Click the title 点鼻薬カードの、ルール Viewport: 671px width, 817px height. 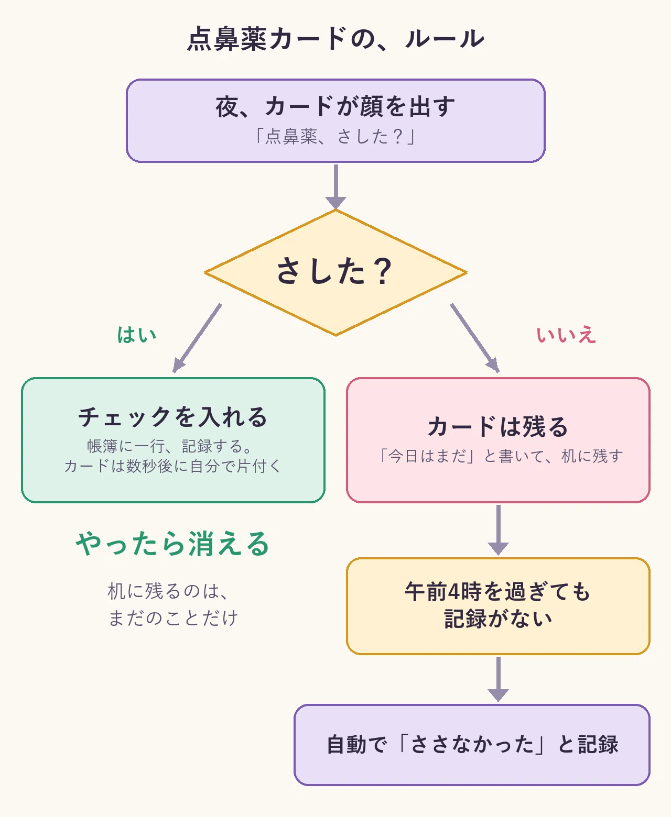tap(335, 39)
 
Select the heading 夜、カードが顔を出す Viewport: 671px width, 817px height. tap(335, 106)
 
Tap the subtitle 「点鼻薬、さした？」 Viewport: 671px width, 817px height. tap(335, 137)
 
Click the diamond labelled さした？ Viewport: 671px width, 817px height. tap(335, 273)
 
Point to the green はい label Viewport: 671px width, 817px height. tap(137, 335)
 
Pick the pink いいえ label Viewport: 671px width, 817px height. tap(566, 335)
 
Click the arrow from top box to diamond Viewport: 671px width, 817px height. tap(335, 187)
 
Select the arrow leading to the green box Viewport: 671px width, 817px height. tap(197, 338)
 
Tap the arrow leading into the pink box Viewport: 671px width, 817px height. tap(475, 338)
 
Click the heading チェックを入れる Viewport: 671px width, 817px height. tap(173, 417)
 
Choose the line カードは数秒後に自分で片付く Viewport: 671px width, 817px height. tap(173, 466)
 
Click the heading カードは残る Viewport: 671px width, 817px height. tap(498, 426)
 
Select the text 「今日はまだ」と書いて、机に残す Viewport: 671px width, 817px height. tap(500, 456)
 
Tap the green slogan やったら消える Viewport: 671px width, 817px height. tap(173, 544)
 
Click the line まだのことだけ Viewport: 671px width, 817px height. tap(173, 618)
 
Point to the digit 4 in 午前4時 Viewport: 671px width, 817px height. tap(454, 592)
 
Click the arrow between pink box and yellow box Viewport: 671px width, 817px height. tap(498, 530)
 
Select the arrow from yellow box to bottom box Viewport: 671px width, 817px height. tap(498, 679)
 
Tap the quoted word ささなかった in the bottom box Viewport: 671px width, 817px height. tap(472, 744)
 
